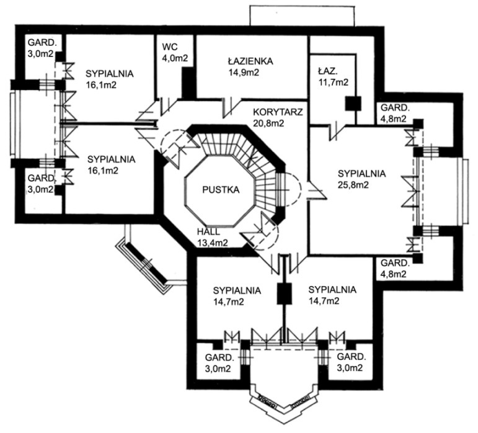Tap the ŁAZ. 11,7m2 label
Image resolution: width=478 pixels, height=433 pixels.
pyautogui.click(x=332, y=76)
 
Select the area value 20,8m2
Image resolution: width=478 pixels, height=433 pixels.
pyautogui.click(x=268, y=123)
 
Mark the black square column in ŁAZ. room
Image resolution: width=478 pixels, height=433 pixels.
pyautogui.click(x=353, y=104)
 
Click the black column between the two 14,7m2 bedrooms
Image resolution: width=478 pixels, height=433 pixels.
pyautogui.click(x=284, y=292)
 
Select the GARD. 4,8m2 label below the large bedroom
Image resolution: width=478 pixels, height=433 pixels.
pyautogui.click(x=393, y=267)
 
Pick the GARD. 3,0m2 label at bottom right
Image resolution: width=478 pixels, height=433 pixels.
pyautogui.click(x=350, y=363)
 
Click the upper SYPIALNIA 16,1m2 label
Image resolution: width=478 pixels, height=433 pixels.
pyautogui.click(x=109, y=78)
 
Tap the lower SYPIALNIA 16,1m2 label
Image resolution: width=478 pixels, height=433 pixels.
pyautogui.click(x=111, y=164)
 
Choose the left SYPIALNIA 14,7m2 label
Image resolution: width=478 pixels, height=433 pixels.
pyautogui.click(x=236, y=296)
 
